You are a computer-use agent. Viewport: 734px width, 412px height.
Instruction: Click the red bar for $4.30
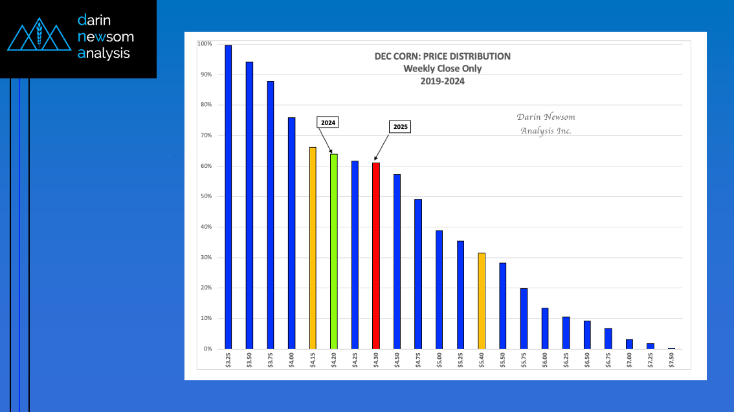pos(376,256)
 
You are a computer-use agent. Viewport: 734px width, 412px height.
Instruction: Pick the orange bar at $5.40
pos(481,301)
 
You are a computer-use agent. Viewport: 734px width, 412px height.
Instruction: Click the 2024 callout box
pos(328,122)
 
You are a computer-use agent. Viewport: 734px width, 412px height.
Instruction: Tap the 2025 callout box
pos(400,127)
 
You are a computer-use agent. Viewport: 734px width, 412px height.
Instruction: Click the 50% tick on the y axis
pos(205,196)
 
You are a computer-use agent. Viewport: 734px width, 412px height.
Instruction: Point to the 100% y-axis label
pos(204,44)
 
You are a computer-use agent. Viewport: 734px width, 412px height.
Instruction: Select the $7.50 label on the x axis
pos(671,360)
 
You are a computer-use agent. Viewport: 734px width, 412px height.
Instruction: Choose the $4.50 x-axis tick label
pos(397,360)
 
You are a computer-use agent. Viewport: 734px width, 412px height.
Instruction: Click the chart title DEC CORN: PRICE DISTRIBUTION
pos(442,56)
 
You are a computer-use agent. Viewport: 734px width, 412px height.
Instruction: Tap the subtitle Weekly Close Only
pos(442,69)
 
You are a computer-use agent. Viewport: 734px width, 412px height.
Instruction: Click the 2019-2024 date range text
pos(442,82)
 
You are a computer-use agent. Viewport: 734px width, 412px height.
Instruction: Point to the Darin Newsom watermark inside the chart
pos(546,124)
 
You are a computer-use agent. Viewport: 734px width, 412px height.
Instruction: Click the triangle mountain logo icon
pos(39,38)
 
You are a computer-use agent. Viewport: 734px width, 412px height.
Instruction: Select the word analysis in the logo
pos(104,54)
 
